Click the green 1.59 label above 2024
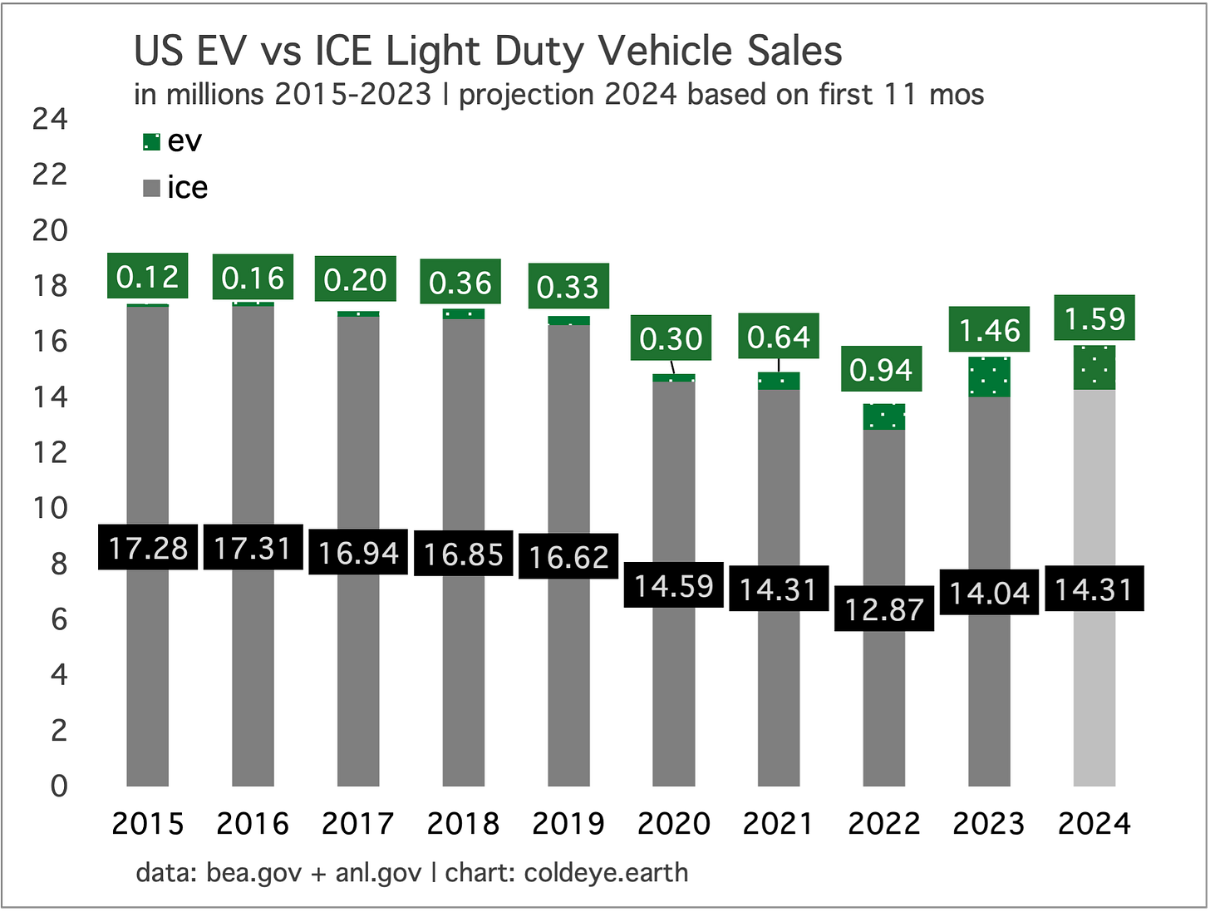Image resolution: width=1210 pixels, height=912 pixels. click(x=1094, y=318)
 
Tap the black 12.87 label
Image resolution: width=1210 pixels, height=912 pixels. click(x=883, y=609)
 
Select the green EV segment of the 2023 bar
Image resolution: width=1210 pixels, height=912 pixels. click(x=989, y=377)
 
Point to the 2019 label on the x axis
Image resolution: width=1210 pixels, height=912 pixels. click(x=568, y=824)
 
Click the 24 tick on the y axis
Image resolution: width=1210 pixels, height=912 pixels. click(x=50, y=119)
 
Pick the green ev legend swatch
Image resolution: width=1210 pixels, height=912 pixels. click(x=151, y=142)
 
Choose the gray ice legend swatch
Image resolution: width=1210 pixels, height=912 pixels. click(x=151, y=189)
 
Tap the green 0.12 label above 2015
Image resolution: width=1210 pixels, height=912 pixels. click(x=148, y=276)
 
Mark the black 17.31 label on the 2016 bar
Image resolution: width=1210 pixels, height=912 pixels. click(x=253, y=549)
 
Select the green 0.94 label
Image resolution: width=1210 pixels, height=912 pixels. click(x=882, y=369)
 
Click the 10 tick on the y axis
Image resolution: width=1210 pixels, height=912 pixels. click(x=50, y=508)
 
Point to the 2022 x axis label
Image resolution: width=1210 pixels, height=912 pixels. click(x=883, y=824)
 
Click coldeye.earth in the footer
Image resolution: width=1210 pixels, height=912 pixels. click(x=606, y=873)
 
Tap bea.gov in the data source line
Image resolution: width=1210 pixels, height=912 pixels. click(x=253, y=873)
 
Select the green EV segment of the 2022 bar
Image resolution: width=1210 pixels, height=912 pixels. click(x=883, y=417)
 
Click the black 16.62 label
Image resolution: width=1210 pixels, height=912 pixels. click(x=568, y=557)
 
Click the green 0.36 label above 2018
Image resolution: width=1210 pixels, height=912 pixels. click(x=461, y=283)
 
